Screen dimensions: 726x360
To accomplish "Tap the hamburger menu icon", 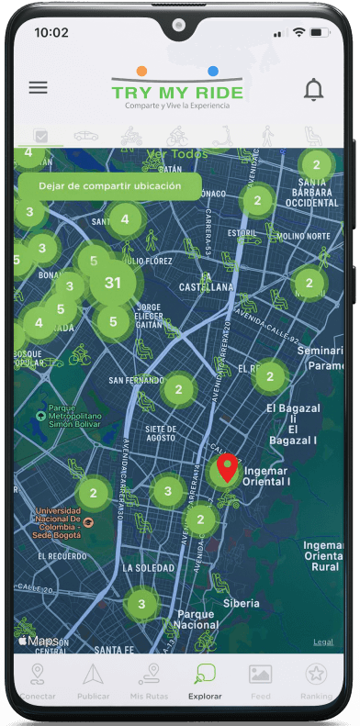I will click(38, 88).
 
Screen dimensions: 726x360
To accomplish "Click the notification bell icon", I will click(314, 89).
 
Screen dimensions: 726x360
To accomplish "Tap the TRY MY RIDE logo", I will click(177, 91).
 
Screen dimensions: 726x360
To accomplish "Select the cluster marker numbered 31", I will click(113, 283).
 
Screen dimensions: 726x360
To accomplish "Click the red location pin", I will click(226, 468).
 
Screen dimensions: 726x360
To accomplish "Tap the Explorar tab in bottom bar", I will click(205, 681).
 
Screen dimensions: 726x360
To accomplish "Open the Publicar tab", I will click(92, 681).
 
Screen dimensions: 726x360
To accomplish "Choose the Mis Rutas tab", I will click(149, 681).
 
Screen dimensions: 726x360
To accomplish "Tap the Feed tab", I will click(260, 681).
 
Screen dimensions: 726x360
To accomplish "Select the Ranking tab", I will click(317, 681).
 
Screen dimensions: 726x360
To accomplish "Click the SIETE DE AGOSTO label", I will click(147, 433).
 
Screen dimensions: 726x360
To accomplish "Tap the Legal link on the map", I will click(323, 642).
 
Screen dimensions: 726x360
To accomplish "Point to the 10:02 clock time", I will click(51, 32).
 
